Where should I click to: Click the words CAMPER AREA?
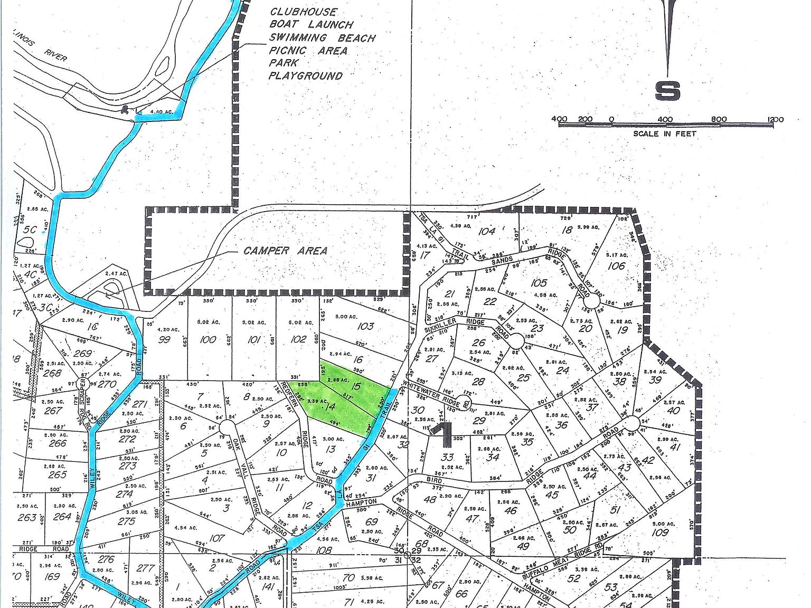pyautogui.click(x=285, y=251)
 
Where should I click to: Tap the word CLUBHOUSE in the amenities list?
pyautogui.click(x=303, y=12)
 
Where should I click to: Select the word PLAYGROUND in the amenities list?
pyautogui.click(x=306, y=75)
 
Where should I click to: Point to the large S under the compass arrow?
pyautogui.click(x=667, y=90)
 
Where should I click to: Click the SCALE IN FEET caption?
pyautogui.click(x=665, y=134)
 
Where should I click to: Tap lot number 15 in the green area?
pyautogui.click(x=356, y=387)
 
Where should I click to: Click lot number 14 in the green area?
pyautogui.click(x=331, y=406)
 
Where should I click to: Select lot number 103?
pyautogui.click(x=365, y=326)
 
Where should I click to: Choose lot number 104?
pyautogui.click(x=487, y=231)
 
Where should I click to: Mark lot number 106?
pyautogui.click(x=616, y=265)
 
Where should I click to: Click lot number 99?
pyautogui.click(x=165, y=339)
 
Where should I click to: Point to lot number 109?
pyautogui.click(x=660, y=532)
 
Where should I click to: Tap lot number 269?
pyautogui.click(x=82, y=353)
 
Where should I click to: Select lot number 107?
pyautogui.click(x=217, y=538)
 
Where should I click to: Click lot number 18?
pyautogui.click(x=567, y=230)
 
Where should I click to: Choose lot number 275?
pyautogui.click(x=127, y=521)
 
